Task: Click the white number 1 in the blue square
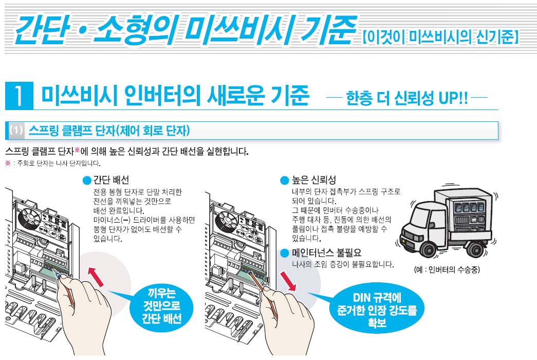point(19,96)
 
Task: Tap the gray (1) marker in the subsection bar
point(16,130)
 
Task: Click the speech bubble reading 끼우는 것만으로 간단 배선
point(161,306)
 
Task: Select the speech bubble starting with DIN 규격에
point(377,308)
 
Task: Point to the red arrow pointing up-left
point(96,277)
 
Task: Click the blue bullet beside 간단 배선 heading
point(87,181)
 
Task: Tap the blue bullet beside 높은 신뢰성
point(285,181)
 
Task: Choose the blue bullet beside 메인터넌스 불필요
point(285,254)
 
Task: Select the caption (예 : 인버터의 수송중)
point(447,270)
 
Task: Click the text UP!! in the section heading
point(453,98)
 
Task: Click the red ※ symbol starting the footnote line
point(8,163)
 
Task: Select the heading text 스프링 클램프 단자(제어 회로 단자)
point(109,131)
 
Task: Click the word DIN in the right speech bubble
point(362,297)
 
